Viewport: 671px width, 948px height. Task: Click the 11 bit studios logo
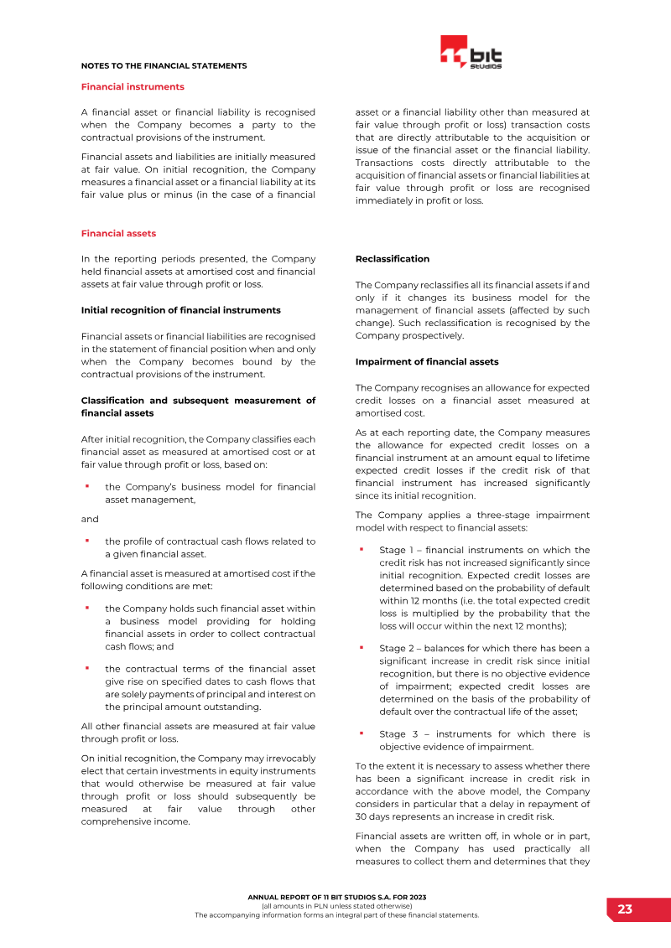coord(471,53)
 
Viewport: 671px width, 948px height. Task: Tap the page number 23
coord(625,909)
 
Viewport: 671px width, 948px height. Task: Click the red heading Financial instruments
coord(133,86)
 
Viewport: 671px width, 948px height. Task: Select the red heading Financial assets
coord(118,233)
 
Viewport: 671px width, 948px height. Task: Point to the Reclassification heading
coord(392,259)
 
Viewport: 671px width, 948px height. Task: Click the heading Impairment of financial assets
coord(426,362)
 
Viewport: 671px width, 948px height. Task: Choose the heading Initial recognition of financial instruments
coord(180,310)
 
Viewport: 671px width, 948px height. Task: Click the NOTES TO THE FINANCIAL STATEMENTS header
coord(164,65)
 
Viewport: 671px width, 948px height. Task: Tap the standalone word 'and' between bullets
coord(90,519)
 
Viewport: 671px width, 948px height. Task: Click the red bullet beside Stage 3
coord(361,733)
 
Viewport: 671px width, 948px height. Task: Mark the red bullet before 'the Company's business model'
coord(86,486)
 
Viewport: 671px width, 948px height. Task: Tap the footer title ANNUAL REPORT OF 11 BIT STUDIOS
coord(336,897)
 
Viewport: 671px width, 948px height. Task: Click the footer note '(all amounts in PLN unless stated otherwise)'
coord(336,906)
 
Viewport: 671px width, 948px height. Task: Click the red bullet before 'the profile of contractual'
coord(86,541)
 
